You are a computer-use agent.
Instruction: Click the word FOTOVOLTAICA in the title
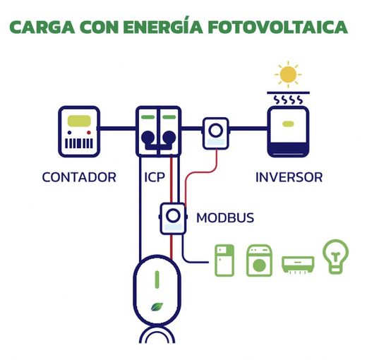click(x=277, y=27)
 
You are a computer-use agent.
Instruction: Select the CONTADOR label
click(x=79, y=177)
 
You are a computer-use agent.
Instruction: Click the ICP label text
click(x=155, y=177)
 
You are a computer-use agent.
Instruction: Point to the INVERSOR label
click(x=289, y=177)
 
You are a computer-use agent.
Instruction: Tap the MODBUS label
click(x=225, y=217)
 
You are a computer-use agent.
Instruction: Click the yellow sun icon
click(x=288, y=74)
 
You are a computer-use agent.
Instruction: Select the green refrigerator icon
click(x=224, y=260)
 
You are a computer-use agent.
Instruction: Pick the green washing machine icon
click(x=259, y=260)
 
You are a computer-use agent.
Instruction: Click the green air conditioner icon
click(x=298, y=265)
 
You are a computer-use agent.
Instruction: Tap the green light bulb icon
click(x=336, y=256)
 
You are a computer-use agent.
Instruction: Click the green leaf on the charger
click(x=157, y=306)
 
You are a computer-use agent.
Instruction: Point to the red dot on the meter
click(x=89, y=133)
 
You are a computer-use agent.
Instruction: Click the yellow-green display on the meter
click(x=79, y=121)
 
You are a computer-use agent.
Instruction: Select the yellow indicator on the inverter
click(x=288, y=124)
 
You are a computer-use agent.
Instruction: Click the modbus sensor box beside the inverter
click(x=216, y=133)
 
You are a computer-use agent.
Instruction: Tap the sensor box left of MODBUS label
click(x=173, y=219)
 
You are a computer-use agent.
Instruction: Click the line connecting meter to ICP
click(x=118, y=128)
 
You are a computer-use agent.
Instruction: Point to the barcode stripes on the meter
click(x=79, y=143)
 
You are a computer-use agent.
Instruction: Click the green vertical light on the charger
click(x=157, y=280)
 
